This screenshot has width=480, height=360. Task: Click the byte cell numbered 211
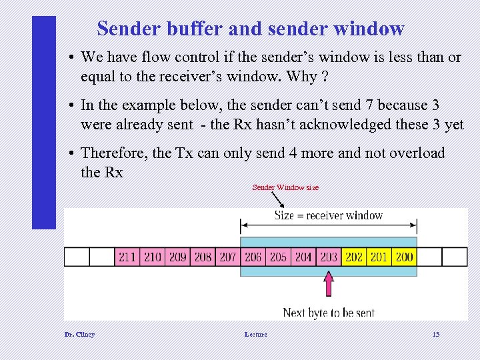pos(127,257)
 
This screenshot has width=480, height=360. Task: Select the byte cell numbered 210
pos(153,257)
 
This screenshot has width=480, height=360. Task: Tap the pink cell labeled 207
pos(228,257)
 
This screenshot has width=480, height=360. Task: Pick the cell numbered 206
pos(253,257)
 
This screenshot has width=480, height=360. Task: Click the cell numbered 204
pos(303,257)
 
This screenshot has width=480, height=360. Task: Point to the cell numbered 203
pos(329,257)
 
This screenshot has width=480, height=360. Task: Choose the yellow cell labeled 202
pos(354,257)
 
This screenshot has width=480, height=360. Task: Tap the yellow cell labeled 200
pos(404,257)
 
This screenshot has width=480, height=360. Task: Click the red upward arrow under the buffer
pos(329,285)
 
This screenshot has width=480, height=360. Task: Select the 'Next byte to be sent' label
pos(329,312)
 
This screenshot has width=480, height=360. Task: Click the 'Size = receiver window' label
pos(329,215)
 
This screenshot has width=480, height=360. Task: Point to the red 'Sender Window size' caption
pos(285,187)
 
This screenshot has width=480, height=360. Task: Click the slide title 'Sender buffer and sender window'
pos(251,29)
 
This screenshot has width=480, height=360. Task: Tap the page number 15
pos(436,334)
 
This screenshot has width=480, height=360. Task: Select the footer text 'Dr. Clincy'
pos(79,334)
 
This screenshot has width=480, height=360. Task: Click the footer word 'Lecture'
pos(255,334)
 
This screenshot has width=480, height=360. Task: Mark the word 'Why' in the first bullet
pos(302,76)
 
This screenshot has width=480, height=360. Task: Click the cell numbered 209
pos(178,257)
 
